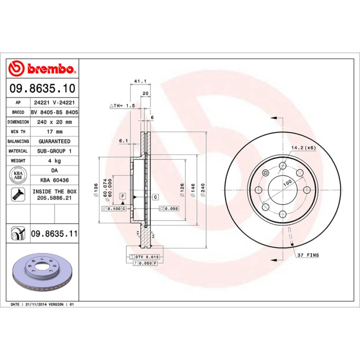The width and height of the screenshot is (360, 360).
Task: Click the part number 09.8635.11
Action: coord(54,234)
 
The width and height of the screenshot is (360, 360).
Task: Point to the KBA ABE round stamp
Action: coord(18,174)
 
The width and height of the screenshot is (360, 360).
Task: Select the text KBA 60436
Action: coord(54,180)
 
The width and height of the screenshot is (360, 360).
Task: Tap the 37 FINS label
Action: coord(308,255)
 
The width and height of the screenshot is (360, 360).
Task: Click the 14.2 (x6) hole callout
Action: coord(304,148)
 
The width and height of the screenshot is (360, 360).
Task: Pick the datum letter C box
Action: coord(155,197)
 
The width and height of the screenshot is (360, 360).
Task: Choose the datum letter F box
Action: coord(122,197)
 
